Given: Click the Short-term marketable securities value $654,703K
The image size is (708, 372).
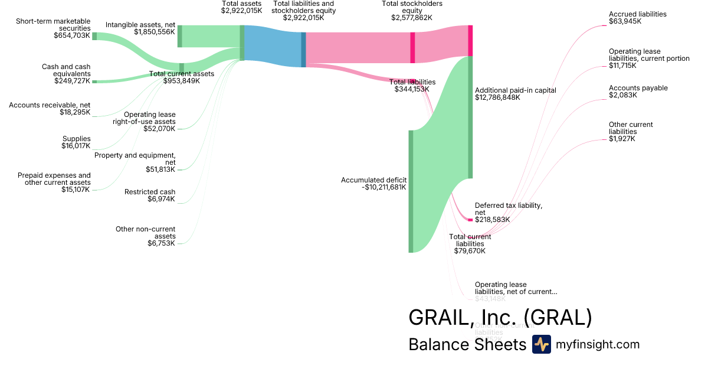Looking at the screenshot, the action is [x=71, y=35].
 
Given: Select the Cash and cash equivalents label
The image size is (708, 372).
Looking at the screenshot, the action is [x=66, y=70].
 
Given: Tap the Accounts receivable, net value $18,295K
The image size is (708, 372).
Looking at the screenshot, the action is [x=75, y=112].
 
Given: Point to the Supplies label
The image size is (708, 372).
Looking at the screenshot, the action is [x=77, y=139].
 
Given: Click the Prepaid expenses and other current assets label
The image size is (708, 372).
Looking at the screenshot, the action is [x=54, y=178].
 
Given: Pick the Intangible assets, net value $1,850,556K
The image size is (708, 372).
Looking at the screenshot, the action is [x=155, y=32].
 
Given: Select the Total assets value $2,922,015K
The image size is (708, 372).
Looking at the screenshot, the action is [x=242, y=11].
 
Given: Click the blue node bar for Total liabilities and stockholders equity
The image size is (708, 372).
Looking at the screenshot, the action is [x=304, y=50].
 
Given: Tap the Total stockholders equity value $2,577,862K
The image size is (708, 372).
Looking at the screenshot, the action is [x=412, y=18].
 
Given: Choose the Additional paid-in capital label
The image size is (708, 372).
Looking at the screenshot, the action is [x=516, y=90].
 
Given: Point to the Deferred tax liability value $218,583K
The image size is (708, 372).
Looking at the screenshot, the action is [x=493, y=219].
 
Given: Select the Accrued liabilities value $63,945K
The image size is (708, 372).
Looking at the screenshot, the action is [x=625, y=21].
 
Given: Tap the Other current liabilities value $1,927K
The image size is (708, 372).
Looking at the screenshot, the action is [x=622, y=139].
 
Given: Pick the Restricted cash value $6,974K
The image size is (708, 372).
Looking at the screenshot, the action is [x=161, y=199].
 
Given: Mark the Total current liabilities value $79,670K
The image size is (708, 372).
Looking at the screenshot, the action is [x=470, y=251].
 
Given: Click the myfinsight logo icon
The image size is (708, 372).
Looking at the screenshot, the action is [x=541, y=344].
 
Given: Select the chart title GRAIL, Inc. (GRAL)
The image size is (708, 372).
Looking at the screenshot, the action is [x=500, y=318].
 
